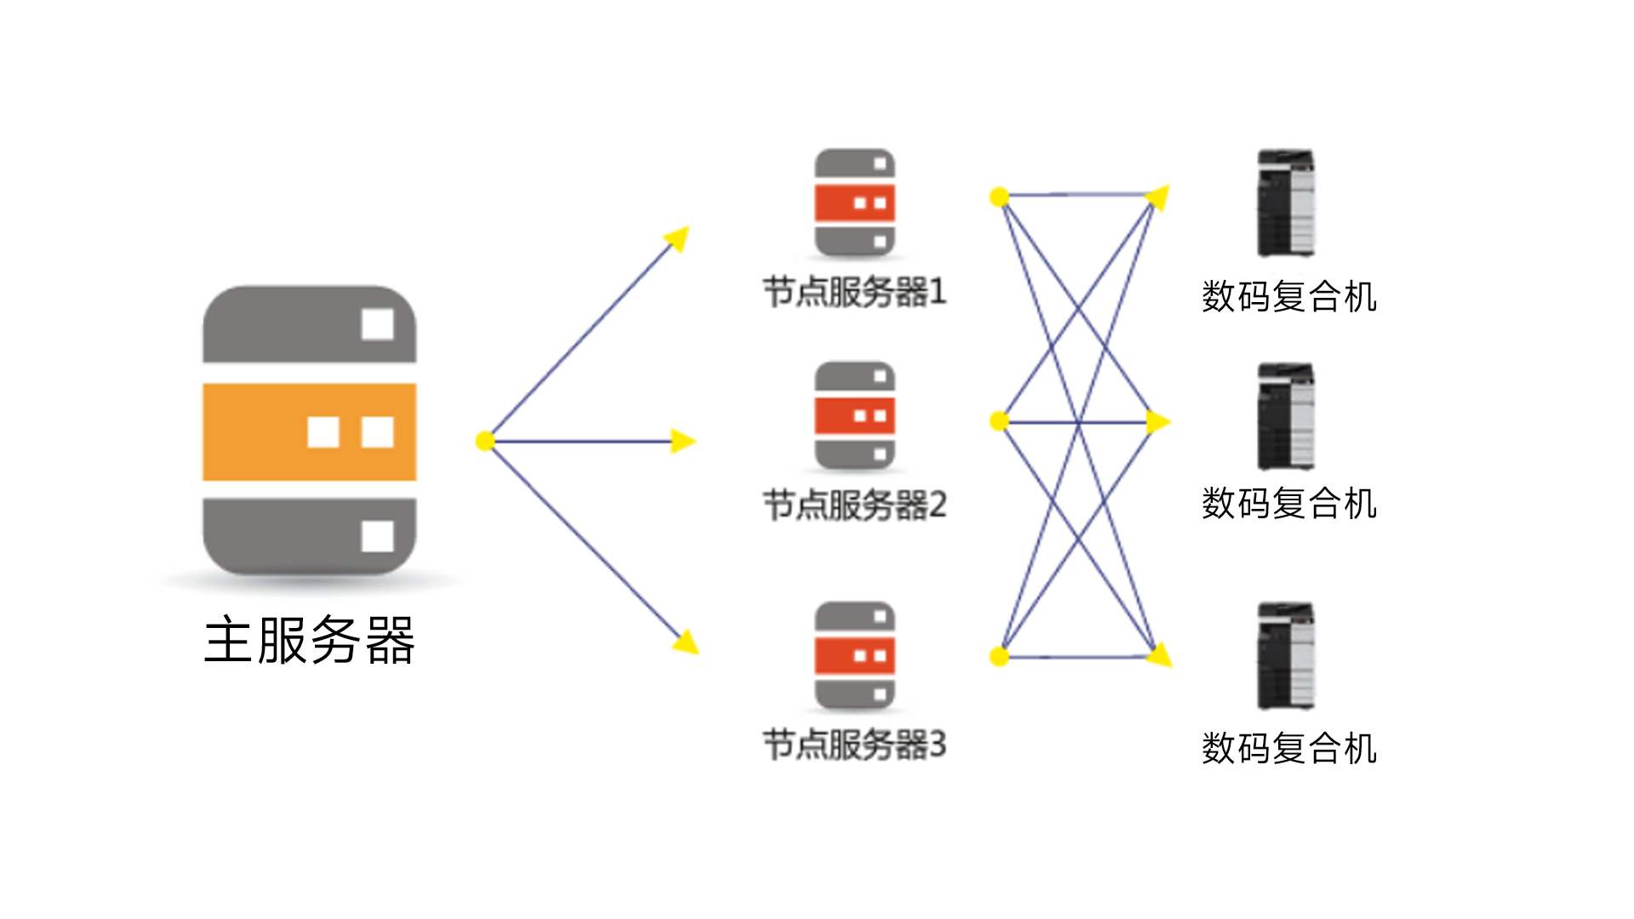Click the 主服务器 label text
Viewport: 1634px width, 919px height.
click(x=310, y=640)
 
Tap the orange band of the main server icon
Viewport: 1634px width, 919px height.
click(x=309, y=432)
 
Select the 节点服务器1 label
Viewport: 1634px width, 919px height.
click(x=854, y=292)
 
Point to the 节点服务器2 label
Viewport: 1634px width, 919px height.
click(x=854, y=505)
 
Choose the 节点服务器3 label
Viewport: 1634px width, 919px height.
click(x=854, y=745)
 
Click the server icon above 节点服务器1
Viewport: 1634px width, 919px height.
click(x=854, y=203)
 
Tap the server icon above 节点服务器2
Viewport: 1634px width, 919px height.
click(x=854, y=415)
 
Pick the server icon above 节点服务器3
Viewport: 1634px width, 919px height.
click(x=854, y=655)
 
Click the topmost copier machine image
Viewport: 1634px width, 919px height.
click(x=1286, y=203)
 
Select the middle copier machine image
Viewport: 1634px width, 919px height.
click(x=1286, y=416)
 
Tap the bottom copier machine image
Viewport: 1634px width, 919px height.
click(x=1286, y=656)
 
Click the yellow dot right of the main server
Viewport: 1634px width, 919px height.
click(x=485, y=441)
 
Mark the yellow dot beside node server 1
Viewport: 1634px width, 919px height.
click(x=999, y=197)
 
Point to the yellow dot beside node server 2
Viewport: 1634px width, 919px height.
click(x=999, y=420)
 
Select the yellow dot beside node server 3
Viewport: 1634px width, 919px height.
click(x=999, y=656)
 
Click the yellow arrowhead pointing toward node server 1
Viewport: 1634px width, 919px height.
click(x=677, y=238)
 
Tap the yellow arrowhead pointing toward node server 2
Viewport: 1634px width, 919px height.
click(x=683, y=441)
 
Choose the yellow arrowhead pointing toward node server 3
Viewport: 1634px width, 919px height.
click(x=686, y=642)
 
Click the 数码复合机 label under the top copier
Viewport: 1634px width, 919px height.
click(x=1289, y=297)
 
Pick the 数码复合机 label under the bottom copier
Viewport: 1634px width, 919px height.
click(x=1289, y=749)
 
